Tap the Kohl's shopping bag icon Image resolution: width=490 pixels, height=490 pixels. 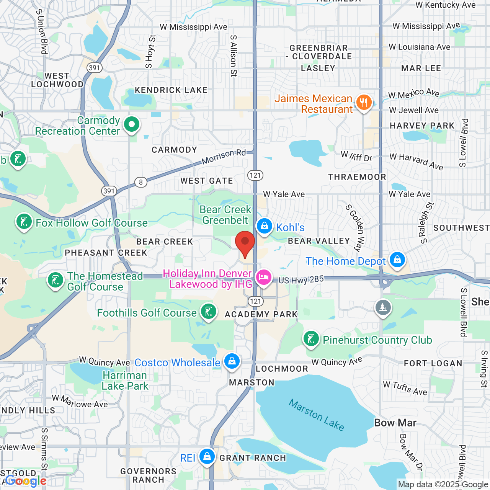coord(265,226)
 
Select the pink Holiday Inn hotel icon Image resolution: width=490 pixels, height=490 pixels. coord(264,277)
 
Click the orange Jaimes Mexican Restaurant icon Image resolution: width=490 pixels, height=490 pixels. coord(364,103)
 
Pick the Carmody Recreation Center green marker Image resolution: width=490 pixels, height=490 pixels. coord(132,124)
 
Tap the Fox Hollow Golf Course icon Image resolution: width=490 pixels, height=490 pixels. coord(24,222)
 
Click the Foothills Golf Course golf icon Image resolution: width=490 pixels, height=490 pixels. coord(209,312)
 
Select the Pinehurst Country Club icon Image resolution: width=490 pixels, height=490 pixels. coord(311,339)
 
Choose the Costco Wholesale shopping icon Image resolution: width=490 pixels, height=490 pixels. coord(232,361)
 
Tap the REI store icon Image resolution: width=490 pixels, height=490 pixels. coord(207,456)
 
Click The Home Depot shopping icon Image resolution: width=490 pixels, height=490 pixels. coord(397,260)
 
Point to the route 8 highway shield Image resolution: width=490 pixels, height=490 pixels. coord(141,182)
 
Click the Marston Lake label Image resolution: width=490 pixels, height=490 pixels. coord(316,415)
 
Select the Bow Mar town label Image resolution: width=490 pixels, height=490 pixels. coord(395,423)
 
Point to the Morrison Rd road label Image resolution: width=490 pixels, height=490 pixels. coord(224,156)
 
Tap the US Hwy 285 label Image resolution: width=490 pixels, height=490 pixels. coord(301,280)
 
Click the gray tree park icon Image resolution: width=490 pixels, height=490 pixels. coord(383,307)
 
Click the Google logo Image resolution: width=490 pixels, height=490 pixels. coord(26,481)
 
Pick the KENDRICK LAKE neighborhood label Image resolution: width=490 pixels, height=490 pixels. coord(171,90)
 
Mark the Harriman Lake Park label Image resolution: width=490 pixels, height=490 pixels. coord(125,381)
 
